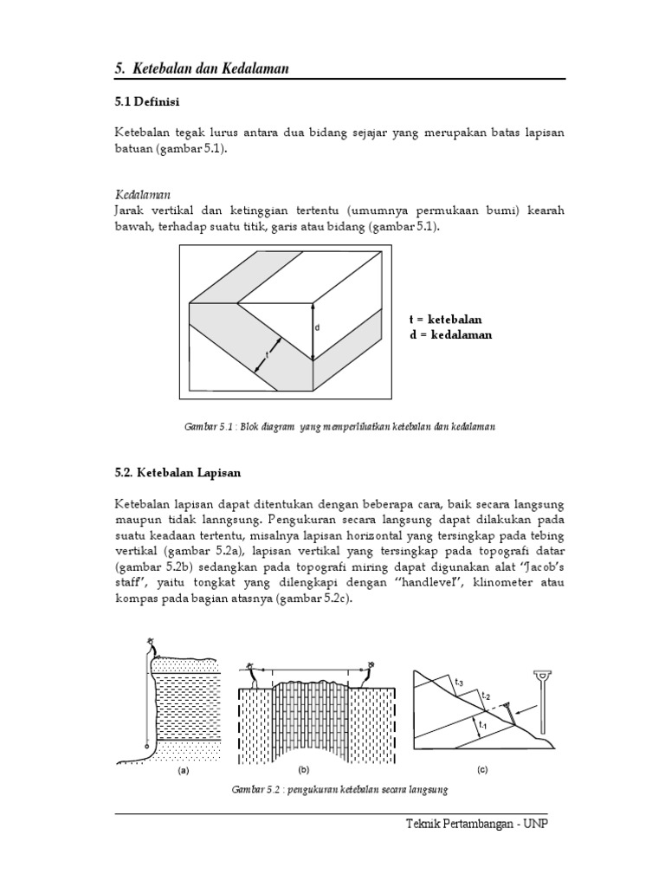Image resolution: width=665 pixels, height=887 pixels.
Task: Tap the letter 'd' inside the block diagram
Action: point(318,327)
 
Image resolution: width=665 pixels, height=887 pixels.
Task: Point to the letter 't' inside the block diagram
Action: point(268,354)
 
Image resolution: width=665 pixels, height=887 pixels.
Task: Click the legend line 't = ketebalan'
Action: point(445,320)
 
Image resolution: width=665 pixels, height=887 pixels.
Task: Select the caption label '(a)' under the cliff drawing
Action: point(184,769)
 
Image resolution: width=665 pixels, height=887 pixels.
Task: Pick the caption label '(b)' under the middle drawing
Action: point(304,769)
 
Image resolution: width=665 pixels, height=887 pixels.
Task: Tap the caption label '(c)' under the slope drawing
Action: point(482,769)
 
